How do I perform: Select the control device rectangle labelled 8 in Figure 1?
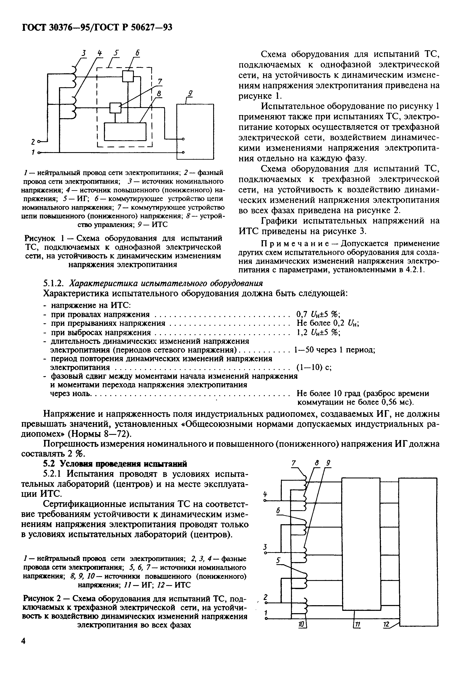125,132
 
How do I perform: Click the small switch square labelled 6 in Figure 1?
128,77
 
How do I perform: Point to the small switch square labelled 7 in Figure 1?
115,108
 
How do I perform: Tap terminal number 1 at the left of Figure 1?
33,152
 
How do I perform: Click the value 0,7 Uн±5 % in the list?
318,314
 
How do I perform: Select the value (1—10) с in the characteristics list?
314,367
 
